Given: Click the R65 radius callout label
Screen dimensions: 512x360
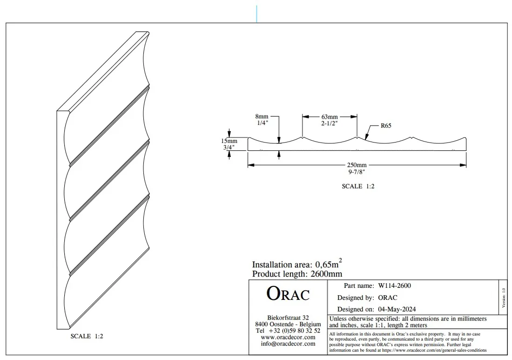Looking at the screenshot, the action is (386, 126).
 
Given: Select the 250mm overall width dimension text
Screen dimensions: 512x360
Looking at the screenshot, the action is (357, 165).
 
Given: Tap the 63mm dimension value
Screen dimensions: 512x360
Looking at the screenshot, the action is (330, 116).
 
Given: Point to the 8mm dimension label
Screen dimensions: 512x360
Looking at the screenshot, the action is (262, 116).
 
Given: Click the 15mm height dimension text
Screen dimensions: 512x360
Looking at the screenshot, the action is (229, 141).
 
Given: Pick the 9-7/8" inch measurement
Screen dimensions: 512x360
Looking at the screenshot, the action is (357, 172).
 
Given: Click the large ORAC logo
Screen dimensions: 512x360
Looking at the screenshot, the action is (288, 293).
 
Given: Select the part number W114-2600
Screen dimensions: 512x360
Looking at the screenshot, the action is (394, 285).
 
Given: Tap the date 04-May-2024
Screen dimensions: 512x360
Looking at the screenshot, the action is (397, 309).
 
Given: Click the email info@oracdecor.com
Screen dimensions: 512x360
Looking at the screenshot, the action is (288, 344).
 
